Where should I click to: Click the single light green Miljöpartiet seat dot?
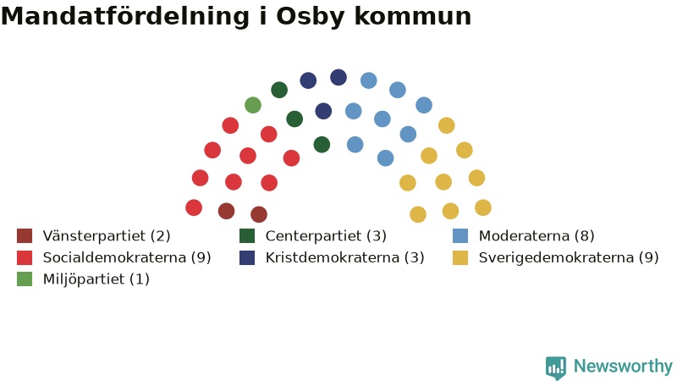253,105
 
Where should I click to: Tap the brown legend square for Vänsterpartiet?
25,236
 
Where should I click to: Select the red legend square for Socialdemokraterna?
25,257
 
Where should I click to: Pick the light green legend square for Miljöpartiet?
25,279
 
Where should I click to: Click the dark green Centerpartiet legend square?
247,236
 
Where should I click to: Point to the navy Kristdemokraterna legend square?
247,257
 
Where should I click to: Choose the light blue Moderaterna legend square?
460,236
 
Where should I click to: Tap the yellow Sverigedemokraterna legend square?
460,257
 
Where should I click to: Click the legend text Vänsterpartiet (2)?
107,236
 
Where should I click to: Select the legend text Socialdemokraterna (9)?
127,257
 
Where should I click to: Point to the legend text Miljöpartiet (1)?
96,279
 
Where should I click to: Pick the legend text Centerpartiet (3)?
326,236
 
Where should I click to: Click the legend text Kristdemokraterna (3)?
345,257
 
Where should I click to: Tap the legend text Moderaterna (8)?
537,236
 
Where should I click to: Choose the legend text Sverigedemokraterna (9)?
569,257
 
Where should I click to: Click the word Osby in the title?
310,17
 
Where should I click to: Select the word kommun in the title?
413,16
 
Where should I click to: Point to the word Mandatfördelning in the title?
125,17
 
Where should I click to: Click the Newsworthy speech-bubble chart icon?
556,367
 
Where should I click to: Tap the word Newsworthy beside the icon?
623,366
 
